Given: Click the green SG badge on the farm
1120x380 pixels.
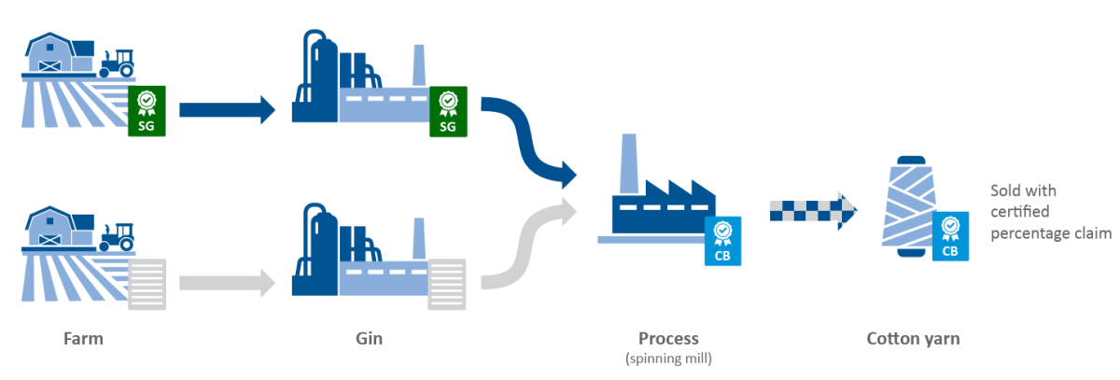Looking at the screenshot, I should [147, 109].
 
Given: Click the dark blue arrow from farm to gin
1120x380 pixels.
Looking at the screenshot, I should [227, 110].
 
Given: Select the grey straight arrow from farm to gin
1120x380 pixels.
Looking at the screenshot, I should [227, 281].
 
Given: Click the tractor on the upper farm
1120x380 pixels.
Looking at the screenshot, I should [118, 63].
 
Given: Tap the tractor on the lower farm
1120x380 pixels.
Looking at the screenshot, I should [118, 235].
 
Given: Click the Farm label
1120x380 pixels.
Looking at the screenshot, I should [83, 339].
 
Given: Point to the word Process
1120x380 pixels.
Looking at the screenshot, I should [668, 339].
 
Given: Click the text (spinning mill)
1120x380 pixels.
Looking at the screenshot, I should [668, 358].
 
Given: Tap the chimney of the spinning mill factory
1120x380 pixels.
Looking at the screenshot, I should [628, 159].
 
